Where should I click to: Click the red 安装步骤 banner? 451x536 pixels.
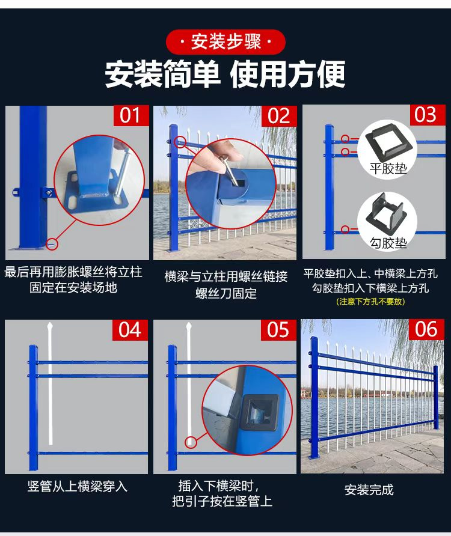[226, 42]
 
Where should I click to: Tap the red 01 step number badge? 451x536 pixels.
[131, 115]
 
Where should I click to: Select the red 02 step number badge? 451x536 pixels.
[279, 115]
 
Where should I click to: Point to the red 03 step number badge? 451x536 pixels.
[428, 115]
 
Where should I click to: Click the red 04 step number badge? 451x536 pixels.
[130, 330]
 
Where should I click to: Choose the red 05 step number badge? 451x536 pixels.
[278, 330]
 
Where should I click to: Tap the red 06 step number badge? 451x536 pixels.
[427, 329]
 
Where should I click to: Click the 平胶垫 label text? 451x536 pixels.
[388, 168]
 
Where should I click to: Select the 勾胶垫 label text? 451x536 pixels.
[388, 243]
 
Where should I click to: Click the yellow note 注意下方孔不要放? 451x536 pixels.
[370, 302]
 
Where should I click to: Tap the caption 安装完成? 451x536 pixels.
[369, 490]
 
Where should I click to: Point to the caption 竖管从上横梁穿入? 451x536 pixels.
[78, 486]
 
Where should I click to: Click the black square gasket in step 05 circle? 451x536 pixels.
[260, 412]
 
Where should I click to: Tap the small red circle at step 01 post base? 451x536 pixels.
[52, 244]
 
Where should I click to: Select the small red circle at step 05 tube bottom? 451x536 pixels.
[191, 442]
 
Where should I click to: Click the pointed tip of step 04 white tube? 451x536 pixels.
[51, 322]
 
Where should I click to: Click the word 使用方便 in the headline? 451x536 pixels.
[287, 74]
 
